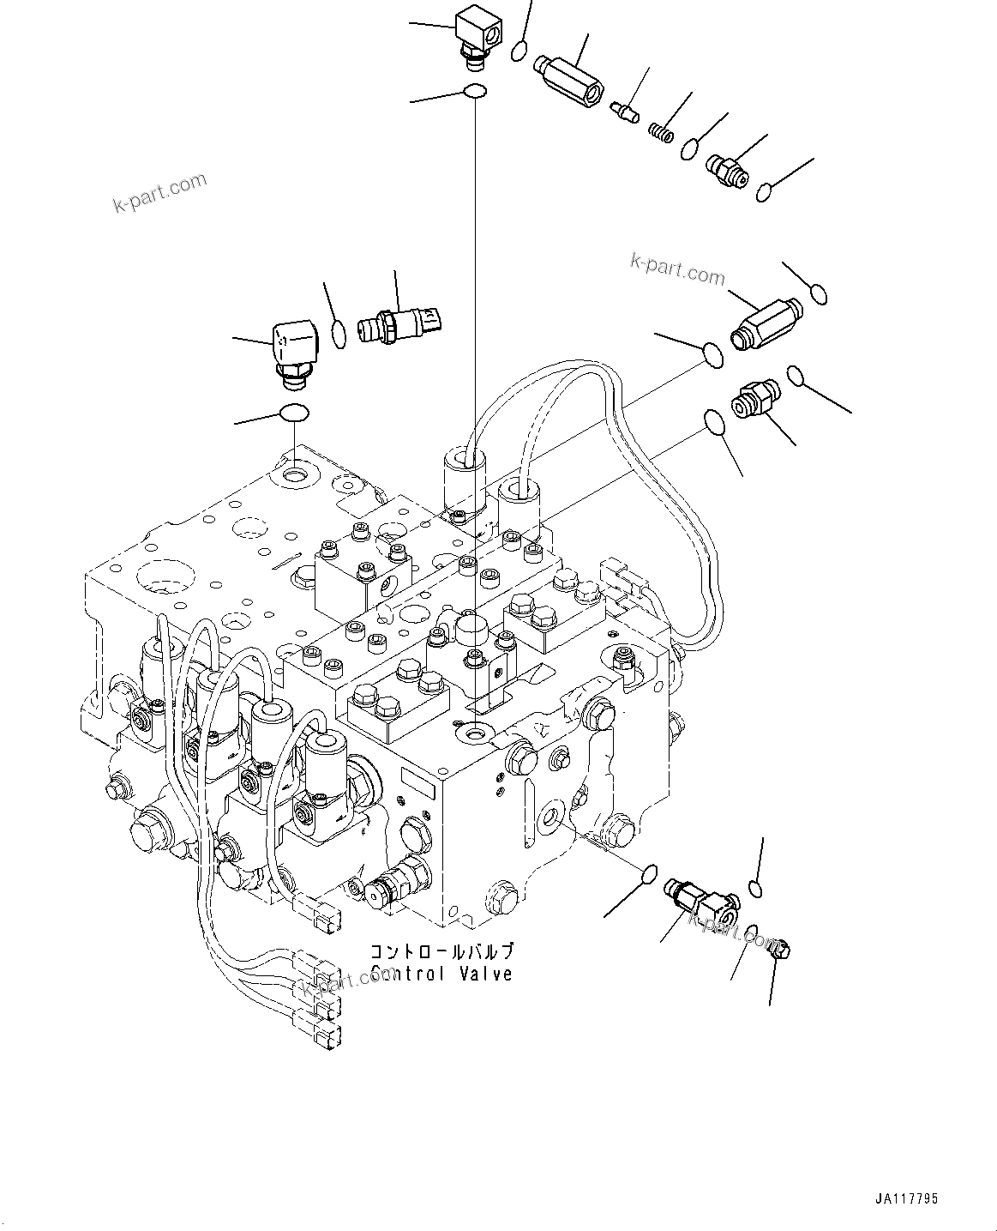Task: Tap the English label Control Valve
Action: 441,974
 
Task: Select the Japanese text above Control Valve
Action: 441,951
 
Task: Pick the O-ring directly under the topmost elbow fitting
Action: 474,91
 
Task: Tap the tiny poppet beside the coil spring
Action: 625,111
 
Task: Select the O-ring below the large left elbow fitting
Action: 293,413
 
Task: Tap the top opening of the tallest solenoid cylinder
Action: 464,461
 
